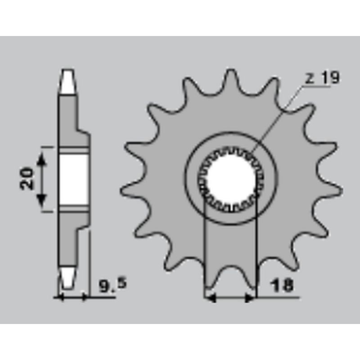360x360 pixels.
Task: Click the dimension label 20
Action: pos(27,179)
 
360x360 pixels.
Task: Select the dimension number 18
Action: pos(282,285)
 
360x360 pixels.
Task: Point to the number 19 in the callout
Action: pos(330,77)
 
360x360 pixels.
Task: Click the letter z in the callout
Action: pos(310,79)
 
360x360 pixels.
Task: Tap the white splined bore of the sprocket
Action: pos(231,179)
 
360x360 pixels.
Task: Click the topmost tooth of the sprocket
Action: pos(230,78)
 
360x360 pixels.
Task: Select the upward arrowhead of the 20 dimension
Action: pos(41,159)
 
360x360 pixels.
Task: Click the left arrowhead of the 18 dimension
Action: pos(210,298)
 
